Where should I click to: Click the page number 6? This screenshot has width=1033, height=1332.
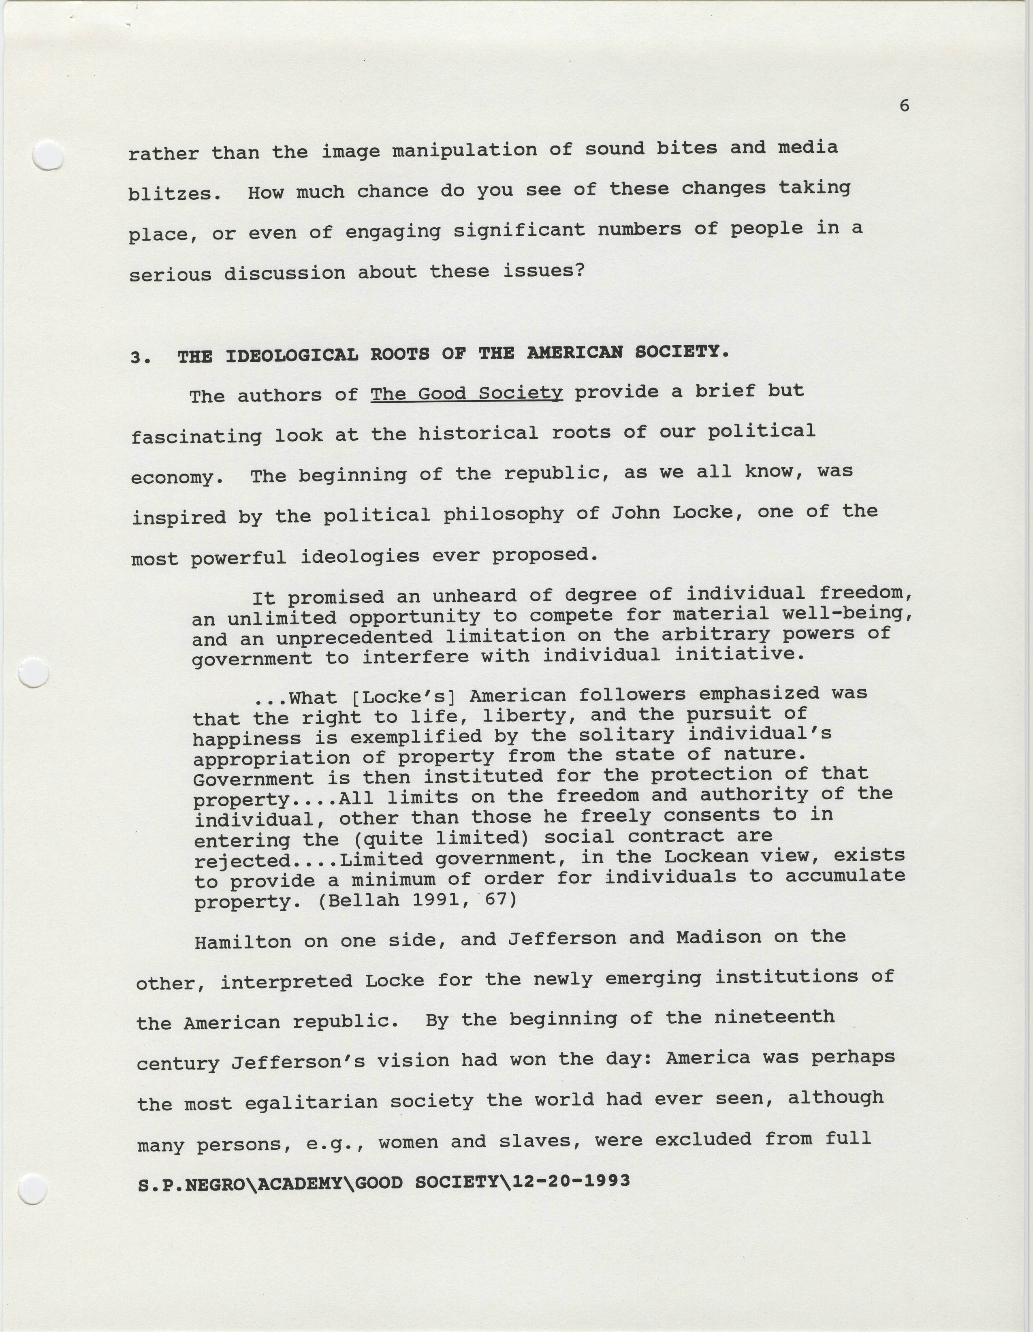click(x=904, y=106)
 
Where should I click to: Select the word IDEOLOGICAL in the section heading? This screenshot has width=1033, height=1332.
click(x=292, y=355)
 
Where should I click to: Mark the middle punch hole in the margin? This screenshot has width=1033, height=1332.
click(x=34, y=673)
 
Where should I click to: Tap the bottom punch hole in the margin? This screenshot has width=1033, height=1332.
click(x=33, y=1189)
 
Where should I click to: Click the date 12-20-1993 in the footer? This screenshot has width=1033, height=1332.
click(x=571, y=1181)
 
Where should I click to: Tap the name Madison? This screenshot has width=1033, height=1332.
click(x=718, y=937)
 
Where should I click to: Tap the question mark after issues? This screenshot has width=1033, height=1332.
click(x=579, y=270)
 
